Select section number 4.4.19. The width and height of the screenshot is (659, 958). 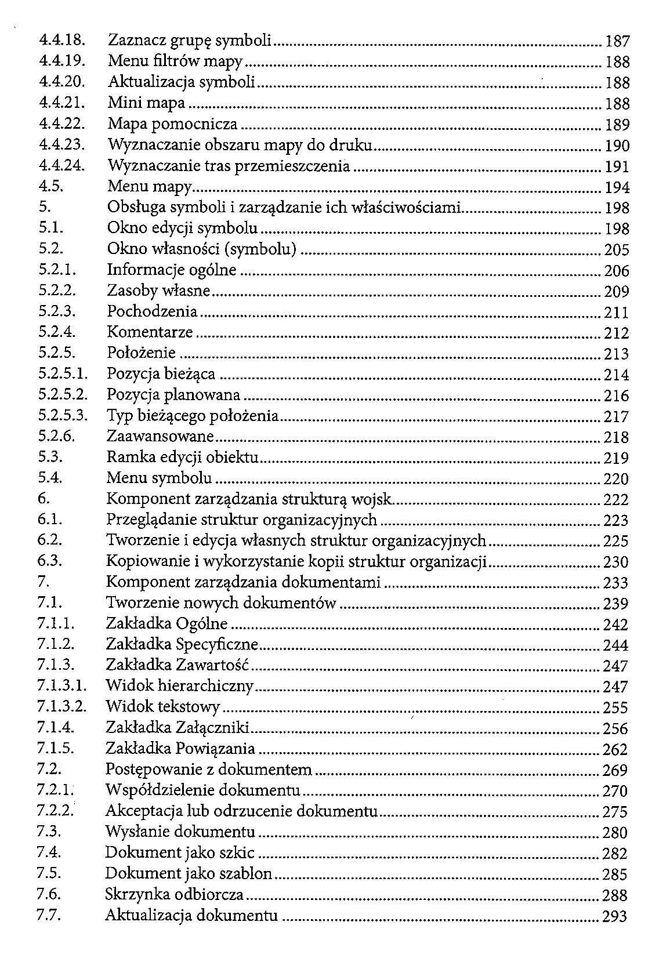tap(62, 61)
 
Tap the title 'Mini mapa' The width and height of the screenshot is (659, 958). tap(146, 103)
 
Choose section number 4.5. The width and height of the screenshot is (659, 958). tap(50, 187)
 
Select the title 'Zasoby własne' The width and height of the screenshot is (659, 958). tap(158, 291)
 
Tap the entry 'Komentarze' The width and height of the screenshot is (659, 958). tap(150, 332)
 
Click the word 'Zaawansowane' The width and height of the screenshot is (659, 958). tap(161, 436)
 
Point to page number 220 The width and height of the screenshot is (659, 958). tap(616, 479)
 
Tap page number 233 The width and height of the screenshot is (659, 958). tap(616, 583)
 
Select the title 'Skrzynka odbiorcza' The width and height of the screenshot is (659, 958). tap(174, 895)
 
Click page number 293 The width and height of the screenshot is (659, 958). tap(615, 916)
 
